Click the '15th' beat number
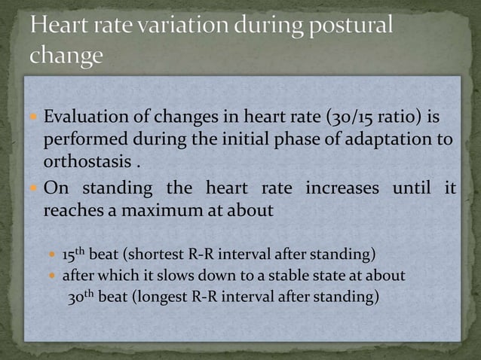[x=75, y=251]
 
